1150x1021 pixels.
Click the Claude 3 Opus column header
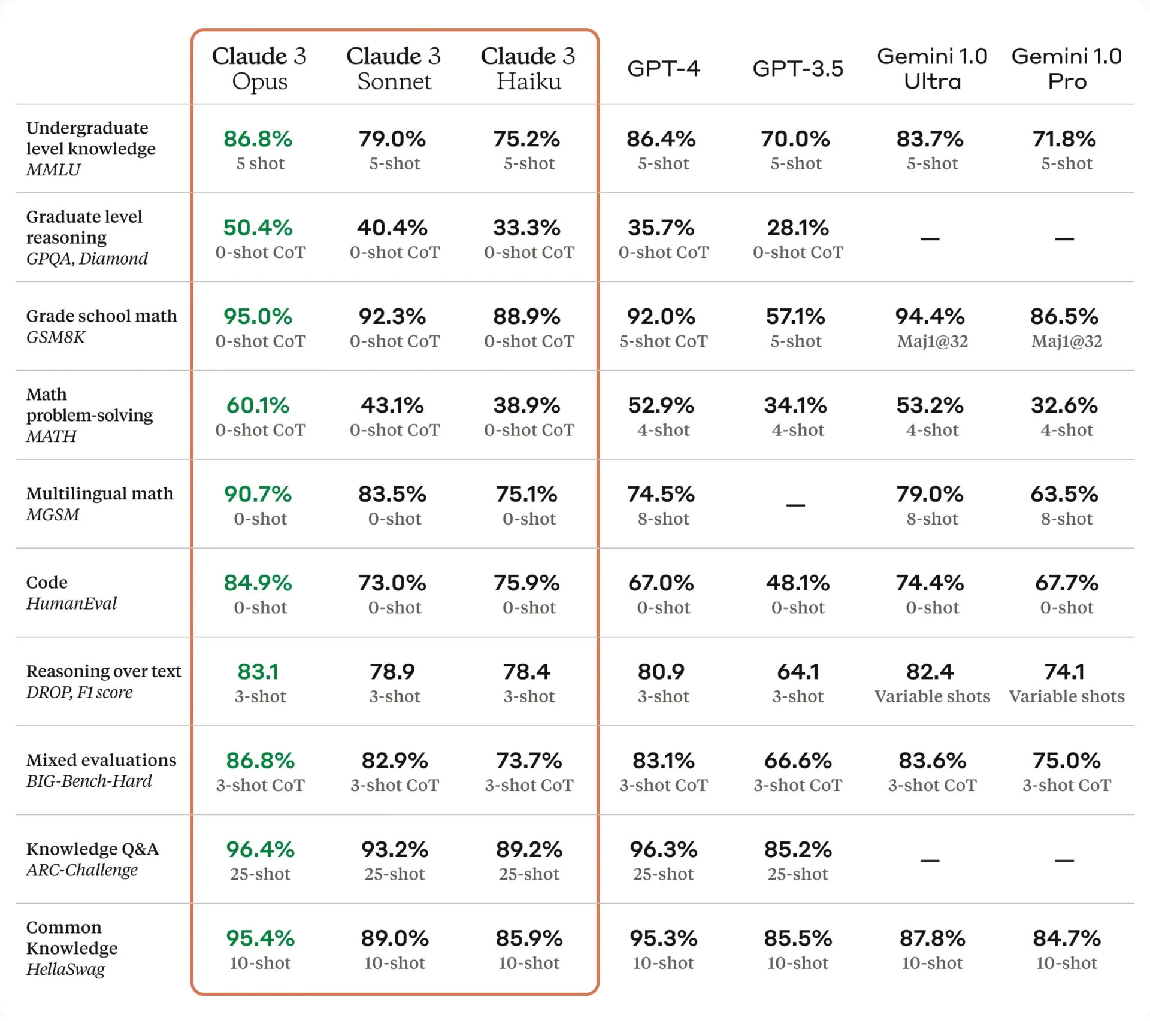point(259,68)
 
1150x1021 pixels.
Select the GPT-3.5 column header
point(797,68)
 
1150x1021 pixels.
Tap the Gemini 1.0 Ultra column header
point(932,68)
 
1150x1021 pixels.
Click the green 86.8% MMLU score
point(258,139)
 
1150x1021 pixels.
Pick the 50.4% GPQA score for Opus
point(258,228)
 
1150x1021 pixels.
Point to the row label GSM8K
point(56,337)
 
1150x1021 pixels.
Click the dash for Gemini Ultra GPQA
point(930,238)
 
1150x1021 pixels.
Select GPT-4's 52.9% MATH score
point(661,405)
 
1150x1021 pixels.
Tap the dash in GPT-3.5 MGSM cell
point(795,505)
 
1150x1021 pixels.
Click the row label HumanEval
point(71,603)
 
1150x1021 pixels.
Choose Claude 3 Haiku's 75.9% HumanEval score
point(526,583)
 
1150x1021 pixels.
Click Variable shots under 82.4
point(932,696)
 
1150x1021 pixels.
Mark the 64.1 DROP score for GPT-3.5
point(797,672)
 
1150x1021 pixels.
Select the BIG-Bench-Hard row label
point(89,781)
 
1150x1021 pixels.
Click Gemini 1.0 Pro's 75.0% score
point(1066,761)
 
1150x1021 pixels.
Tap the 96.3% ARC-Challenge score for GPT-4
point(663,849)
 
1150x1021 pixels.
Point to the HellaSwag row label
point(65,969)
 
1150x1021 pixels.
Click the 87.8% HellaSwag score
point(932,938)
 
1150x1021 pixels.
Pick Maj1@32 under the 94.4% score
point(932,341)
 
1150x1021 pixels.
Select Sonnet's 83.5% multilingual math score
point(392,494)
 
